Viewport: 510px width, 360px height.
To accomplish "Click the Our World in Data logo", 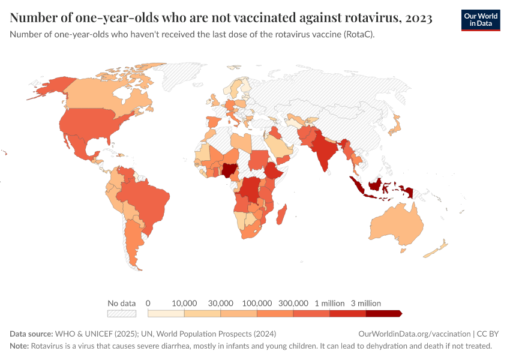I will (x=480, y=20).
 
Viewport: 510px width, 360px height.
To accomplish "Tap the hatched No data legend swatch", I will (x=122, y=313).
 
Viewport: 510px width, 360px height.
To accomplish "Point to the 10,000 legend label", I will (x=185, y=303).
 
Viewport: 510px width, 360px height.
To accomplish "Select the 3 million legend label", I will (x=366, y=303).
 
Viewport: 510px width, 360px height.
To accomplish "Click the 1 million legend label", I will (x=329, y=303).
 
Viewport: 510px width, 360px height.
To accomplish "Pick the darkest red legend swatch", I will (x=383, y=313).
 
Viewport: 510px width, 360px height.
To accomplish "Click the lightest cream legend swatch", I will (x=166, y=313).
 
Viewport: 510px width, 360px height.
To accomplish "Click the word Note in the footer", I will (x=19, y=346).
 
